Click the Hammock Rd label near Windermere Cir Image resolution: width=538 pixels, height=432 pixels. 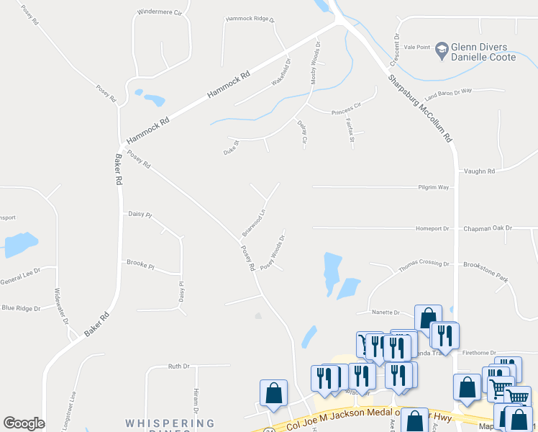point(229,85)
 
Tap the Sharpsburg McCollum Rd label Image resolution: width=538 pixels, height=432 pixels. point(419,108)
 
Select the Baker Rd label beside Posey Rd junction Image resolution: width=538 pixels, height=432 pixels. point(117,171)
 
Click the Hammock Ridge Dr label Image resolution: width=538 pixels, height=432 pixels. point(250,19)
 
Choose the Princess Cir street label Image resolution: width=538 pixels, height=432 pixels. point(345,111)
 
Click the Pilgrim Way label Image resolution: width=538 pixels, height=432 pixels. point(434,186)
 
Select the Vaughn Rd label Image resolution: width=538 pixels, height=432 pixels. point(480,171)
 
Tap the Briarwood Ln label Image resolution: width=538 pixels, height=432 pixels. point(254,222)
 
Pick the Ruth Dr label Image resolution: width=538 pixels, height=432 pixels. point(178,366)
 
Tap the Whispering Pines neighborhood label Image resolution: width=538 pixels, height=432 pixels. point(159,423)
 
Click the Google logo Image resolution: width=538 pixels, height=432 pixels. point(24,423)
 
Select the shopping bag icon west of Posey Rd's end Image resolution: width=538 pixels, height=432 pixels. point(273,393)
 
